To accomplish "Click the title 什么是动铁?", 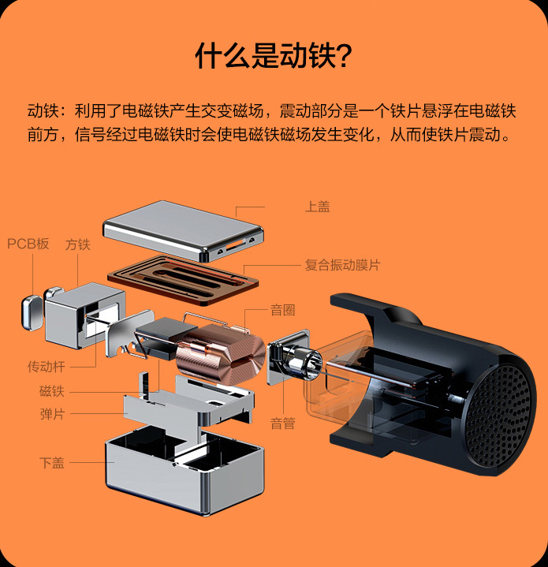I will [x=274, y=57].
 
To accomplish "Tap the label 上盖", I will [x=317, y=207].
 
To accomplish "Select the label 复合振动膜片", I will [x=342, y=265].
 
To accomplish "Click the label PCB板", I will [x=28, y=244].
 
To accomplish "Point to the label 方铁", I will [x=77, y=244].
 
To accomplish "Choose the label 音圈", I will [x=282, y=310].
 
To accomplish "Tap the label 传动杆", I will [x=47, y=367].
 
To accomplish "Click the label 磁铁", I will [x=52, y=391].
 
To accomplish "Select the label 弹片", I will [x=52, y=414].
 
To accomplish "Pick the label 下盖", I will [x=52, y=462].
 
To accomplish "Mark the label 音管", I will [x=282, y=423].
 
